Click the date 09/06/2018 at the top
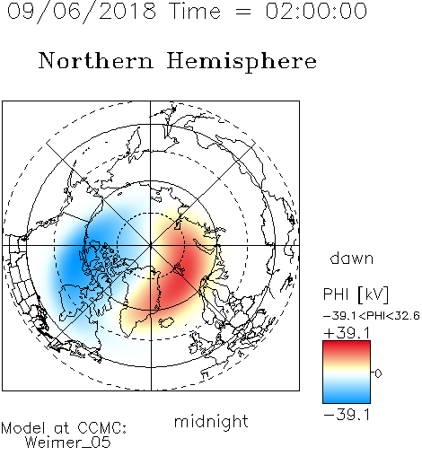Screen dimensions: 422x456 [x=82, y=12]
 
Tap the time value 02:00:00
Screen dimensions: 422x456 [x=316, y=11]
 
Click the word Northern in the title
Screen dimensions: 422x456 [x=96, y=61]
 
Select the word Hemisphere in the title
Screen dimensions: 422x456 [x=242, y=62]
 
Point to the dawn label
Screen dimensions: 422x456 [x=352, y=259]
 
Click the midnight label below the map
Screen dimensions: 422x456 [x=211, y=422]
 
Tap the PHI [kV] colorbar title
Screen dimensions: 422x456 [x=356, y=294]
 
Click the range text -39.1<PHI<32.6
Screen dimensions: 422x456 [x=372, y=316]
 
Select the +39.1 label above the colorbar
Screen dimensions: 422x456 [x=347, y=333]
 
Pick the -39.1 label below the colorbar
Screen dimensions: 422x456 [x=347, y=415]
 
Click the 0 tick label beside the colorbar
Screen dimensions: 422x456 [x=378, y=373]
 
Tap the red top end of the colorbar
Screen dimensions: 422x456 [x=347, y=344]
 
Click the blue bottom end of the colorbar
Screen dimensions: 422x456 [x=347, y=399]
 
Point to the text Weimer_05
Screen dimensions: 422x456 [x=67, y=443]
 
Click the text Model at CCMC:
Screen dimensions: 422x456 [x=64, y=428]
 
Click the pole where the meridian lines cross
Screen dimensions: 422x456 [x=151, y=245]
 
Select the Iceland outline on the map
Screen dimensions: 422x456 [x=166, y=322]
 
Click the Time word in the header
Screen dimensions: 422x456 [x=195, y=11]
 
